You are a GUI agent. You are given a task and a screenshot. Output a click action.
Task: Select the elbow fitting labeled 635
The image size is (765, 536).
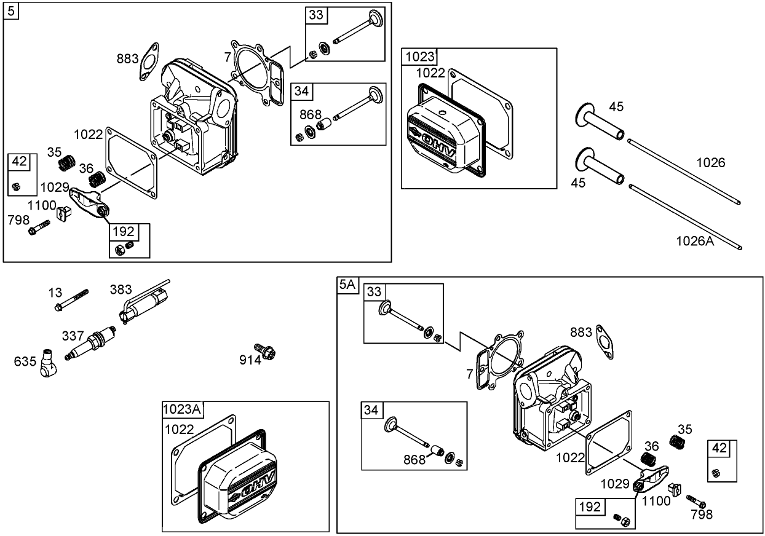(48, 363)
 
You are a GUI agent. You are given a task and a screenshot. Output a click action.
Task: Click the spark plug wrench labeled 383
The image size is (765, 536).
(146, 302)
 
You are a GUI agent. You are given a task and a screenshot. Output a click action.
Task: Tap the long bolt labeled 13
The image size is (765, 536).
(71, 299)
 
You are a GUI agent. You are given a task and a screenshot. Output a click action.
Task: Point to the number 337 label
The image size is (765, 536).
(73, 336)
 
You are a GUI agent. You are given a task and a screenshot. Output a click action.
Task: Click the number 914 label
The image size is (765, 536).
(250, 360)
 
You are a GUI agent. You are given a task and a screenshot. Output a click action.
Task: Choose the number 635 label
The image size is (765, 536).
(25, 361)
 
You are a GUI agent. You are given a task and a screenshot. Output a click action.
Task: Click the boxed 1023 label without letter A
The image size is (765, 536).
(420, 57)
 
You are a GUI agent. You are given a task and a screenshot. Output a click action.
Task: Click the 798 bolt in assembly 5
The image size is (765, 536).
(39, 227)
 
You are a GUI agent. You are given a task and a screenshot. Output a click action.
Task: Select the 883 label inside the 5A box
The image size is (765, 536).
(581, 332)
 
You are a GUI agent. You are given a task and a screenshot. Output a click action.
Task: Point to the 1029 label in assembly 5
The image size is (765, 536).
(55, 186)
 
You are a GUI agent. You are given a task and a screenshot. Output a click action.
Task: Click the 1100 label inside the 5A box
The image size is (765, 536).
(656, 501)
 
